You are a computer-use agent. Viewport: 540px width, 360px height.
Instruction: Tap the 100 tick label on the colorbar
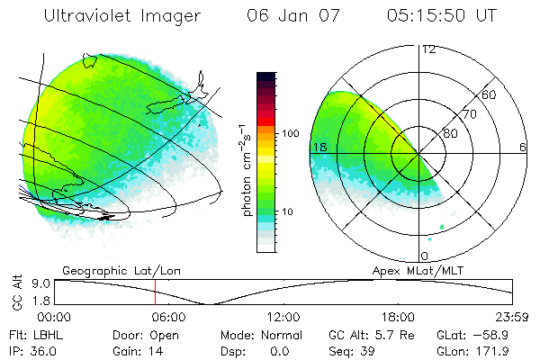(x=289, y=133)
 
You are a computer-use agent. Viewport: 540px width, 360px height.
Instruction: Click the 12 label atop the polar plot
(x=428, y=49)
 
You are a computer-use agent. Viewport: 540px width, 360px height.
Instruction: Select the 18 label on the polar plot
(x=319, y=147)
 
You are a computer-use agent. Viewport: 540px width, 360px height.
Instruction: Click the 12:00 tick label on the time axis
(x=283, y=317)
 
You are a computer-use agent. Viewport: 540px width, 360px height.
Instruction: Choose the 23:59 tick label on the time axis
(x=512, y=317)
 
